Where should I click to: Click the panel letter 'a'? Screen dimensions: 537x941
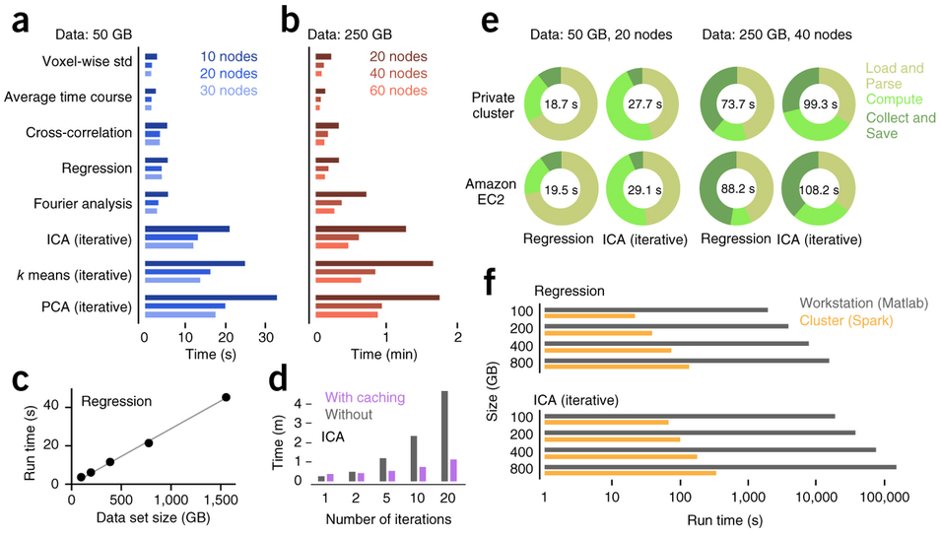coord(21,22)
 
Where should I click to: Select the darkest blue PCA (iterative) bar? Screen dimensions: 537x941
coord(210,297)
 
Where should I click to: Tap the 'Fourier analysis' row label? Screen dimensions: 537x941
coord(88,203)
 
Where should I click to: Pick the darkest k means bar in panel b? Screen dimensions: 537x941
coord(373,263)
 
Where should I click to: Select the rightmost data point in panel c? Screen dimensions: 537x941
coord(226,397)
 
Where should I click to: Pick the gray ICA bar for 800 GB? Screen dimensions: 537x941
coord(719,466)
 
